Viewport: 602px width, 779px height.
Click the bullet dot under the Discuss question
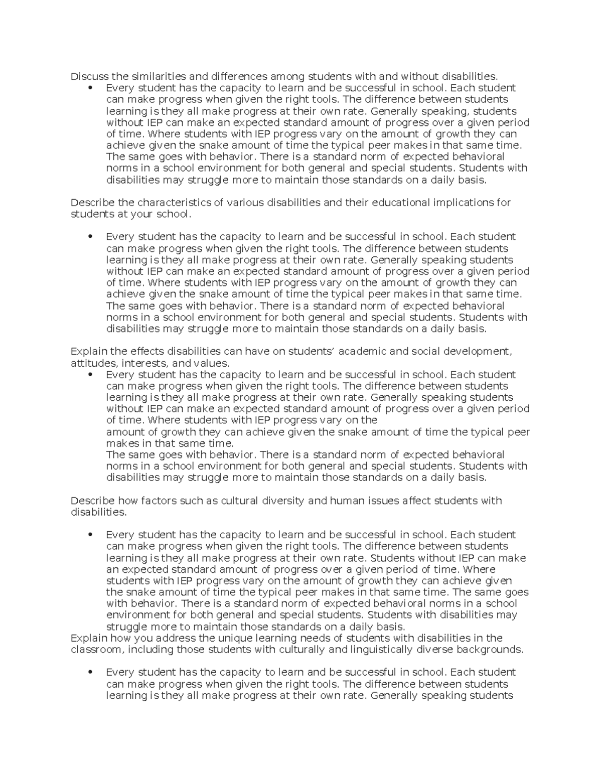(91, 88)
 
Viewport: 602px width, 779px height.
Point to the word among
(287, 76)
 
